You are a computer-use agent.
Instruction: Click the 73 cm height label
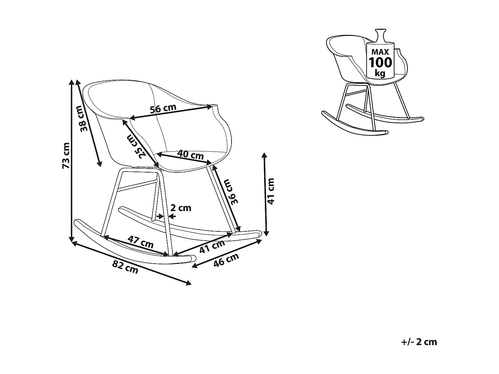pyautogui.click(x=66, y=155)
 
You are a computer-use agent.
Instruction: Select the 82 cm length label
pyautogui.click(x=125, y=267)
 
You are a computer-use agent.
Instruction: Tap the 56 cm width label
pyautogui.click(x=163, y=109)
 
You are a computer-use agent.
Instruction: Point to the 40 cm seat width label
pyautogui.click(x=190, y=154)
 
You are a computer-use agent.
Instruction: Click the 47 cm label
pyautogui.click(x=141, y=242)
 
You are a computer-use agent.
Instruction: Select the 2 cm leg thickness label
pyautogui.click(x=181, y=208)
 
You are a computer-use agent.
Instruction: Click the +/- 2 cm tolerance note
pyautogui.click(x=419, y=342)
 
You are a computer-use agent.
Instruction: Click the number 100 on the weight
pyautogui.click(x=380, y=62)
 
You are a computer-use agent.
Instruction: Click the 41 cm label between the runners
pyautogui.click(x=212, y=246)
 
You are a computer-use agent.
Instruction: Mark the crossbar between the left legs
pyautogui.click(x=137, y=185)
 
